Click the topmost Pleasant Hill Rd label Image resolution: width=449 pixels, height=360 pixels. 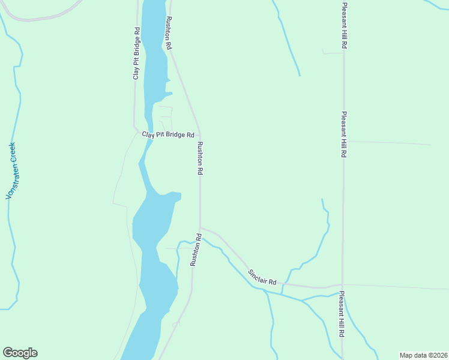click(x=345, y=25)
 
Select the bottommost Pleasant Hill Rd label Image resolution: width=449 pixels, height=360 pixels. click(x=342, y=314)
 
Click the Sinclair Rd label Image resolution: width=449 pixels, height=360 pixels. click(x=262, y=277)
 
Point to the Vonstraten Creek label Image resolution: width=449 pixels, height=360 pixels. click(x=10, y=171)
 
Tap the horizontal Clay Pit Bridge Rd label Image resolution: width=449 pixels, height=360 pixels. click(x=168, y=135)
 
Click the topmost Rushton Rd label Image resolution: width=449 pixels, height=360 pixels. click(x=169, y=33)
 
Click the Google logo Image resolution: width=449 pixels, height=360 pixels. click(x=20, y=353)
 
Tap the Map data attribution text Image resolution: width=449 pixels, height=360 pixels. click(x=423, y=355)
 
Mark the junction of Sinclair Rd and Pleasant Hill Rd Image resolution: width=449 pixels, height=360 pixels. click(x=342, y=285)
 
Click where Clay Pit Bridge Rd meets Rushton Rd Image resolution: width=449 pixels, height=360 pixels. click(x=200, y=134)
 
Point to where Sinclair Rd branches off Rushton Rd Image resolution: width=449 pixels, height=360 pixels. click(x=200, y=227)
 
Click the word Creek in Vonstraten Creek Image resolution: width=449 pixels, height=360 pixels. click(x=11, y=152)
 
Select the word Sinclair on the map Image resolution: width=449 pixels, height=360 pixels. click(x=257, y=275)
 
